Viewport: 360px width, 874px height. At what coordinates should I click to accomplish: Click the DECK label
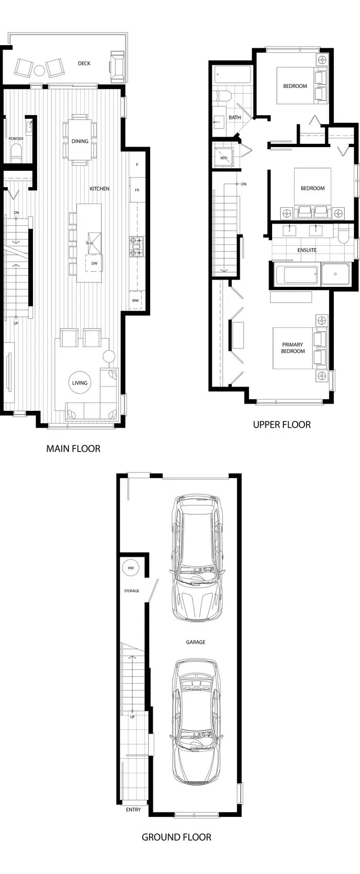(x=84, y=63)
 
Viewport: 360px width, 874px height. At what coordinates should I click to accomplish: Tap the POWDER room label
(x=16, y=138)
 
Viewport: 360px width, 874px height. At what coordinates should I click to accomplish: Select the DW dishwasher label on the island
(x=95, y=263)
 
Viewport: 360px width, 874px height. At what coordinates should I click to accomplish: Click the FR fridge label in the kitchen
(x=137, y=190)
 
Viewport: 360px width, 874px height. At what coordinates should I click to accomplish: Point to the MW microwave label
(x=135, y=300)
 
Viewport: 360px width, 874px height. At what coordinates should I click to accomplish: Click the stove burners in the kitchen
(x=136, y=247)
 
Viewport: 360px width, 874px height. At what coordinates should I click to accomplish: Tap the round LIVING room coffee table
(x=80, y=383)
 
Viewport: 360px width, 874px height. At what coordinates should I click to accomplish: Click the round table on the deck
(x=40, y=70)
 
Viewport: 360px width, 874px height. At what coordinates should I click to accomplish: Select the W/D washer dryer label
(x=224, y=158)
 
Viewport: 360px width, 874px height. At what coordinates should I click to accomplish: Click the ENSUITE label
(x=307, y=250)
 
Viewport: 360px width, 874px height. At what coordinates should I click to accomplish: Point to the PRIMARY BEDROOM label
(x=293, y=348)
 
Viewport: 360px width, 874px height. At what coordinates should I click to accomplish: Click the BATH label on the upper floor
(x=235, y=117)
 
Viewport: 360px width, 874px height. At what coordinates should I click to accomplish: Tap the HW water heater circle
(x=131, y=568)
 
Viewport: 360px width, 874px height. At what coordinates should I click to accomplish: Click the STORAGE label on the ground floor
(x=132, y=591)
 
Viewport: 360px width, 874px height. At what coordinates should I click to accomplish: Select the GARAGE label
(x=195, y=642)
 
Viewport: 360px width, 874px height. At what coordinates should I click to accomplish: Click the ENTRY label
(x=133, y=810)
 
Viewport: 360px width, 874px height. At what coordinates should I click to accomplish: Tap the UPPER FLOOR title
(x=282, y=425)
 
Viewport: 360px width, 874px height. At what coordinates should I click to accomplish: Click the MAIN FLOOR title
(x=74, y=449)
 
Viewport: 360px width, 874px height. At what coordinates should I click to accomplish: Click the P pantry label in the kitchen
(x=137, y=165)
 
